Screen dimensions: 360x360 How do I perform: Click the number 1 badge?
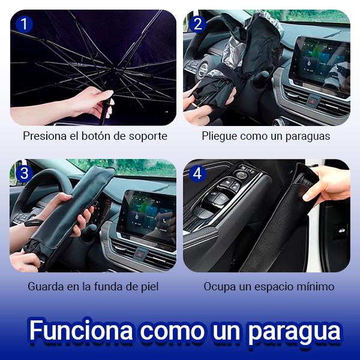pos(23,25)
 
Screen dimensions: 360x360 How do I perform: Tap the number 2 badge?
pos(198,25)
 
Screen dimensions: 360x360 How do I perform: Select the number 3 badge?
pos(23,174)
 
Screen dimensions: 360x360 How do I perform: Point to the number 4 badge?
pos(198,174)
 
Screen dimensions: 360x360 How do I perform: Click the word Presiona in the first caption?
pos(44,136)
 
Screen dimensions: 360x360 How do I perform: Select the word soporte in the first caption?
pos(147,136)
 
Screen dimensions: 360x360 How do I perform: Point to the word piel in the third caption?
pos(148,286)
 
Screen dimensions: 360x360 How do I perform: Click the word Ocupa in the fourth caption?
pos(217,286)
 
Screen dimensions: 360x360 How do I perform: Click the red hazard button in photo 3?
pos(139,254)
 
